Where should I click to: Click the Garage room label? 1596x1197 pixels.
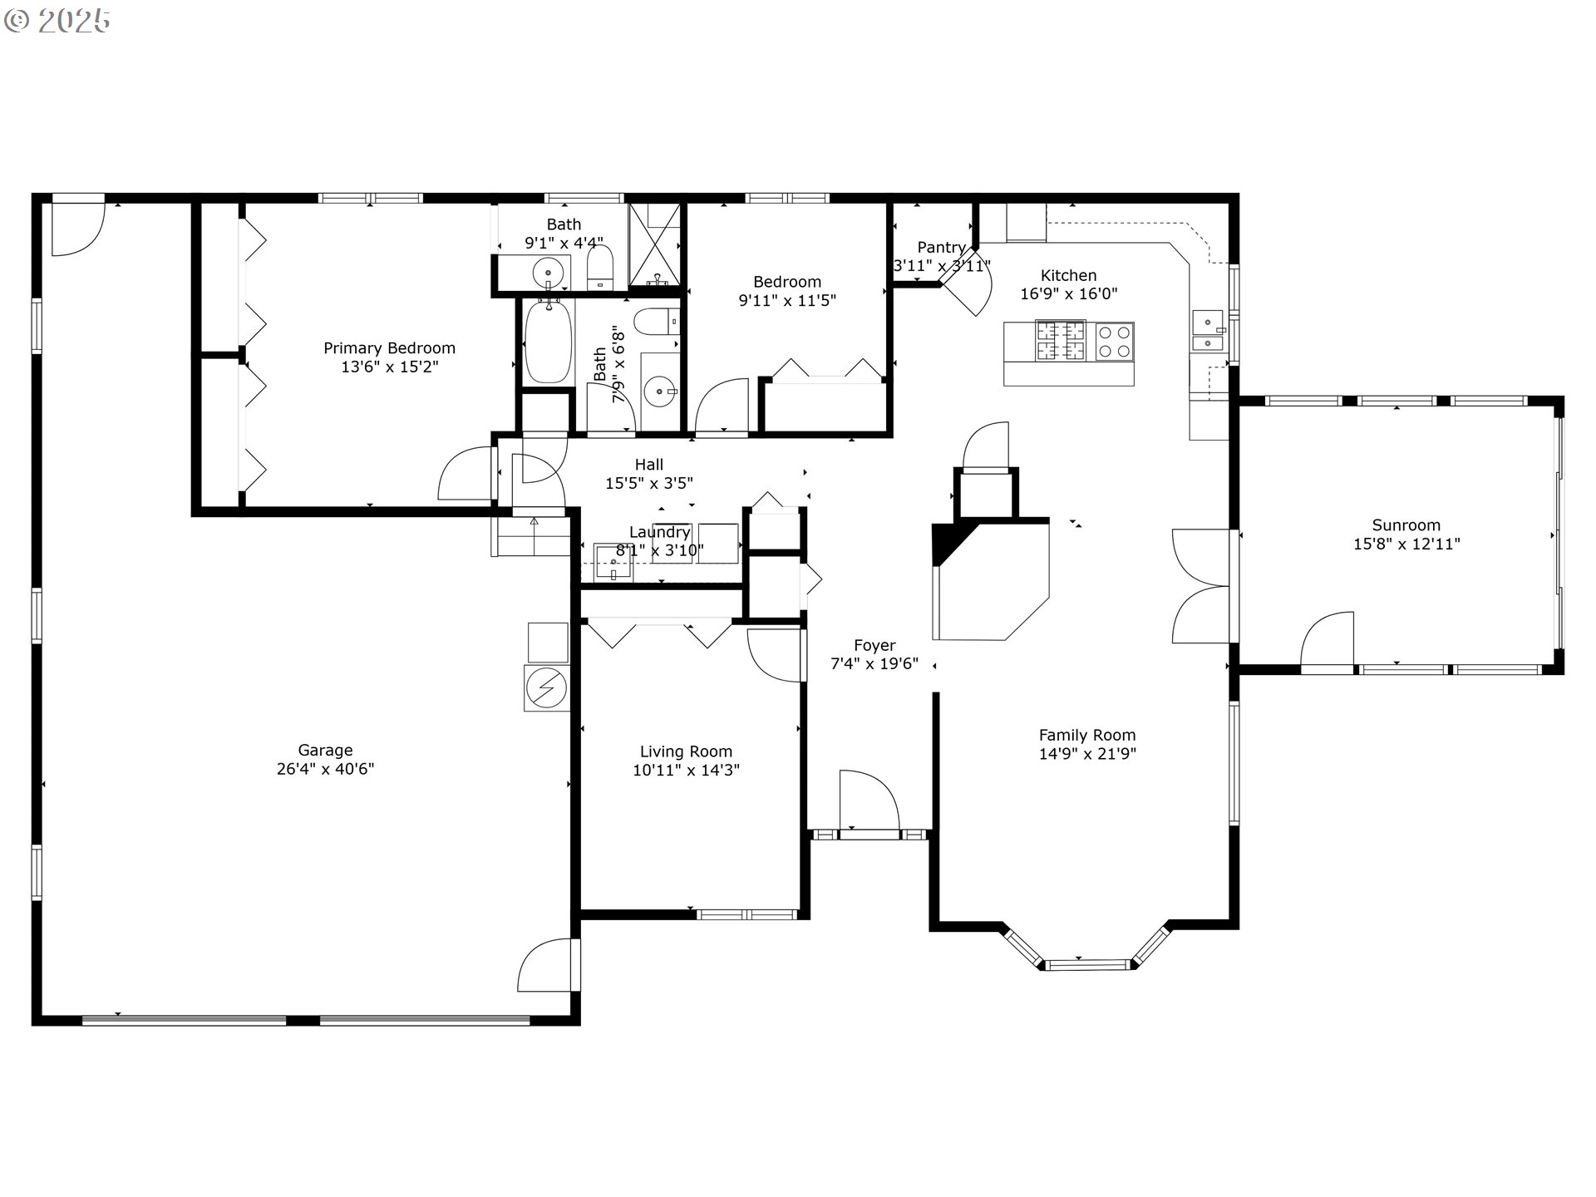(x=325, y=750)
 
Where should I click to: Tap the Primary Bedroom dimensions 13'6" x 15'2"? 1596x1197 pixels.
(x=389, y=367)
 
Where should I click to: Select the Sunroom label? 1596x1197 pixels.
(x=1406, y=525)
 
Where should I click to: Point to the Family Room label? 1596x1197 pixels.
(x=1086, y=736)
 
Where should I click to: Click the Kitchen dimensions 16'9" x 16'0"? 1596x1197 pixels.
(x=1068, y=293)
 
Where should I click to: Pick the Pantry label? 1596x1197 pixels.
(x=941, y=248)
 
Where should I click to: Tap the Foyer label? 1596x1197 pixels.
(x=874, y=646)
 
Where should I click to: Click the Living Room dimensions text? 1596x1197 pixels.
(x=686, y=771)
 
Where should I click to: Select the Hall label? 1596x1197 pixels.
(x=649, y=465)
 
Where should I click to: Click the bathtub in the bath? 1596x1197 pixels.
(x=549, y=342)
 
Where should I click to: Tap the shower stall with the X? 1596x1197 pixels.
(x=655, y=246)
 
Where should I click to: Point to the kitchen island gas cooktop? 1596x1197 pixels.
(x=1060, y=341)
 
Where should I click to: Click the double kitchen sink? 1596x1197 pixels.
(x=1209, y=331)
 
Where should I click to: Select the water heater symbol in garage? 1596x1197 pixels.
(x=547, y=688)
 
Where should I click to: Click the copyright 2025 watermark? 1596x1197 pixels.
(x=57, y=21)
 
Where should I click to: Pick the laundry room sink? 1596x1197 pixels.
(x=613, y=563)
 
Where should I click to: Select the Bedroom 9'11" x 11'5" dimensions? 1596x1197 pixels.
(x=787, y=300)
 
